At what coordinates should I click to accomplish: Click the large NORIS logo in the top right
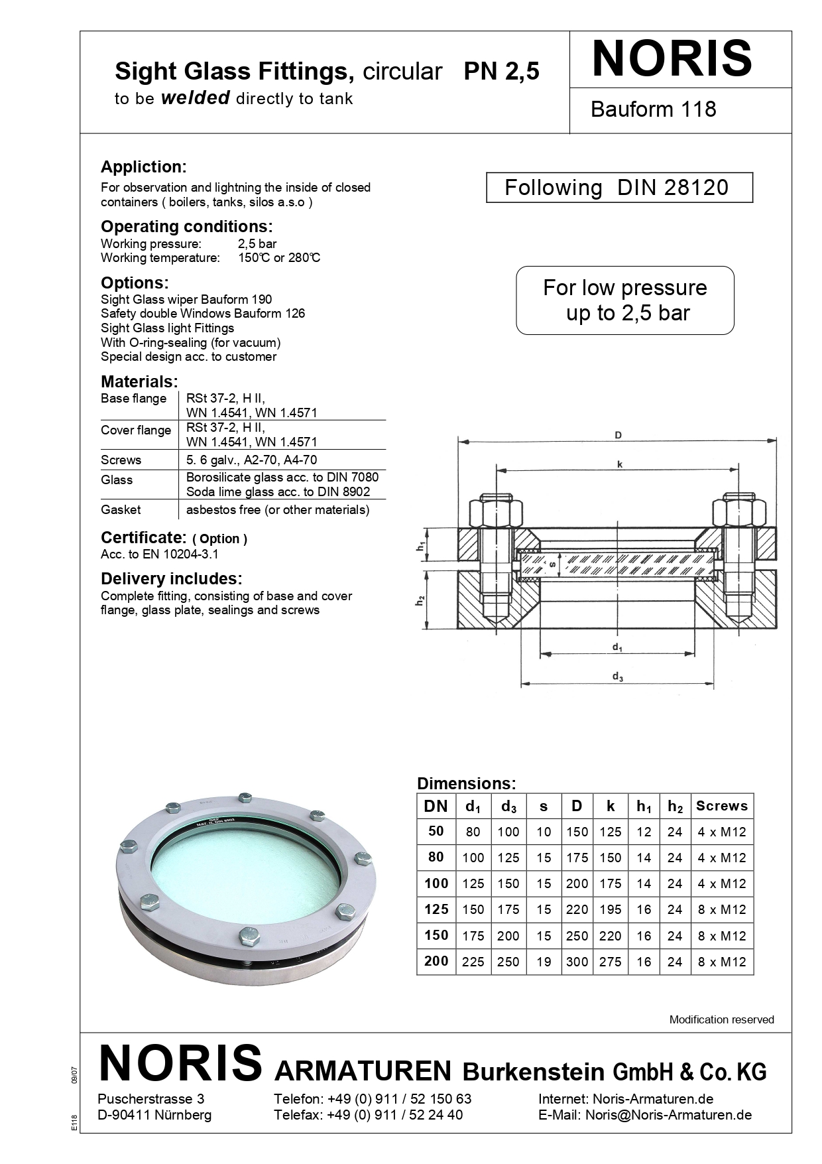point(672,59)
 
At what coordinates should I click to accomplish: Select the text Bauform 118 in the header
point(653,109)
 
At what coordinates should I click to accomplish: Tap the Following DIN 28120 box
point(619,188)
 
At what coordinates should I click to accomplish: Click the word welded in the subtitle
point(195,98)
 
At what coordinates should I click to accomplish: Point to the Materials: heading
point(139,381)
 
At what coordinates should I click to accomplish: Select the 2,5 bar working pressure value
point(257,243)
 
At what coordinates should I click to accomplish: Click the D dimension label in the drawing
point(618,435)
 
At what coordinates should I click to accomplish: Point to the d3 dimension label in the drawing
point(617,677)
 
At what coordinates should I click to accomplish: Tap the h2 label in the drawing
point(420,602)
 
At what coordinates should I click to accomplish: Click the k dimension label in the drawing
point(620,464)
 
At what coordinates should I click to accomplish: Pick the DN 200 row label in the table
point(436,961)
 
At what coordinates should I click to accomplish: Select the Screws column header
point(721,806)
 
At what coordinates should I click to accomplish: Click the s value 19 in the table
point(544,962)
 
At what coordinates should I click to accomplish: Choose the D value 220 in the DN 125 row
point(577,909)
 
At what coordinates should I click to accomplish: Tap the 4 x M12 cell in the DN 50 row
point(721,832)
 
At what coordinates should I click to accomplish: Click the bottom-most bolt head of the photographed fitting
point(247,935)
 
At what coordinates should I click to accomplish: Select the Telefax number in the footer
point(395,1114)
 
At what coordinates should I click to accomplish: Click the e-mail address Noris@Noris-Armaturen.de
point(668,1114)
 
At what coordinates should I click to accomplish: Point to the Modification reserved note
point(721,1019)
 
